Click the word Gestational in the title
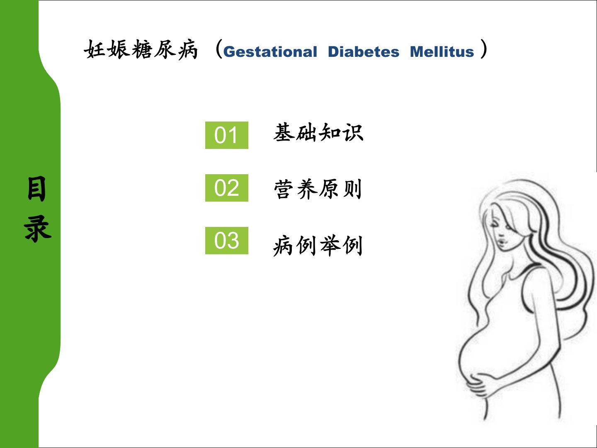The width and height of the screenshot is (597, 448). pyautogui.click(x=270, y=52)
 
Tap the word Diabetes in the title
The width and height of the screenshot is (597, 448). pyautogui.click(x=364, y=51)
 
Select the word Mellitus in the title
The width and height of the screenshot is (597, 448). pyautogui.click(x=442, y=51)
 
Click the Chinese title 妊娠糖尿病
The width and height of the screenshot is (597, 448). pyautogui.click(x=141, y=49)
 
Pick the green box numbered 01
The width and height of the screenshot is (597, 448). pyautogui.click(x=226, y=135)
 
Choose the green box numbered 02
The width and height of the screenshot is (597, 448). pyautogui.click(x=226, y=187)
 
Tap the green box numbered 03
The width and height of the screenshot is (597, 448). pyautogui.click(x=226, y=241)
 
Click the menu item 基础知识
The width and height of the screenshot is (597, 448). pyautogui.click(x=318, y=132)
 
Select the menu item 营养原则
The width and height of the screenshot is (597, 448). pyautogui.click(x=318, y=189)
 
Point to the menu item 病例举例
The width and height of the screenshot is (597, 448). pyautogui.click(x=318, y=246)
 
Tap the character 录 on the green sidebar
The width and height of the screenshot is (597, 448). pyautogui.click(x=38, y=229)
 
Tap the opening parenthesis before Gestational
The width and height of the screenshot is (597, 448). pyautogui.click(x=218, y=49)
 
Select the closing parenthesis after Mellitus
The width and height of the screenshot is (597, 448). pyautogui.click(x=484, y=49)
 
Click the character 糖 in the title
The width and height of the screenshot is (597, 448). pyautogui.click(x=141, y=49)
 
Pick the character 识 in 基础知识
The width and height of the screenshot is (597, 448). pyautogui.click(x=353, y=133)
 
